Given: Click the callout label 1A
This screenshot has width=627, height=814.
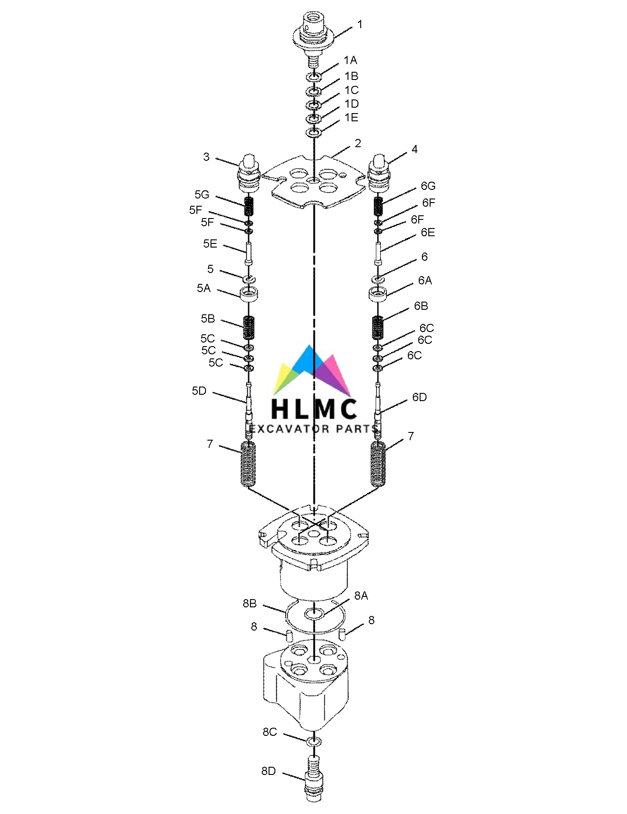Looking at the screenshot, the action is pos(350,60).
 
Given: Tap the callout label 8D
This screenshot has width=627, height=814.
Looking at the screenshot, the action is pos(268,771).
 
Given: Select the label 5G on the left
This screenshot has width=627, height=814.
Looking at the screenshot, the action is pos(202,195).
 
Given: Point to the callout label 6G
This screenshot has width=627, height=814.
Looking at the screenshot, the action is pos(428,186).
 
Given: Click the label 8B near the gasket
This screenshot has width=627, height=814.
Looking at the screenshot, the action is pos(250,603).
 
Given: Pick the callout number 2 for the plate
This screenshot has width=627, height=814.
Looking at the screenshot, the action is pos(358,144).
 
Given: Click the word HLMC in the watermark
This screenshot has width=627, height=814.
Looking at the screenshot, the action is pos(313,408).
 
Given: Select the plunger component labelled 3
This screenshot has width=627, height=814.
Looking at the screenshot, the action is pos(249,174).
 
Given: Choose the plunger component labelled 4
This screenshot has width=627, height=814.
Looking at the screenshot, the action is pos(379,174).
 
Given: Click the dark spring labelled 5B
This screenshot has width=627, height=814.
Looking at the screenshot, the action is pos(249,328).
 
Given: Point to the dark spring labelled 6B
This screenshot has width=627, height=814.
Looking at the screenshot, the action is pos(378,327).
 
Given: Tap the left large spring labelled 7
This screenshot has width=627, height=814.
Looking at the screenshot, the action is pos(248,464).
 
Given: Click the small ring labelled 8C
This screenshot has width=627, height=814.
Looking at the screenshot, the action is pos(313,741).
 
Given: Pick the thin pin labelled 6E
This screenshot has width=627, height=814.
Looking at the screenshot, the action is pos(378,254).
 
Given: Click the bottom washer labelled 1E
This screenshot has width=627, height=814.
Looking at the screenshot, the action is pos(313,133).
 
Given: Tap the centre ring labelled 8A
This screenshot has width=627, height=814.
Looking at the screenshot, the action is pos(313,614).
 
